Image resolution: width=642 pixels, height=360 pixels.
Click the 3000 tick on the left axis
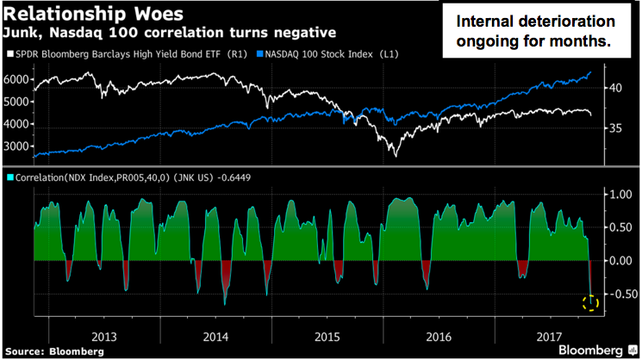[x=16, y=146]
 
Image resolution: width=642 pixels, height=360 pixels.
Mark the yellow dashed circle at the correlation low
[x=590, y=302]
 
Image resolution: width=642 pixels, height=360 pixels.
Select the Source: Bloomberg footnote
[x=53, y=351]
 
